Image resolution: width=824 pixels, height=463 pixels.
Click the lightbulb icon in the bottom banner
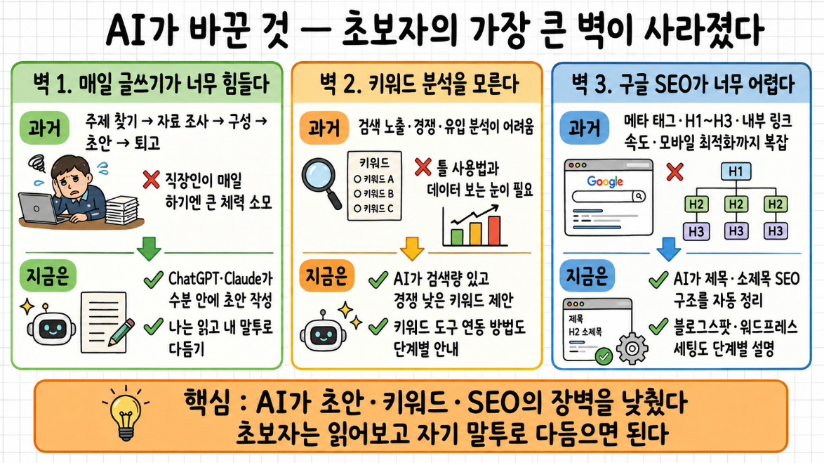126,414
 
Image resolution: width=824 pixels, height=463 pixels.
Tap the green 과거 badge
45,128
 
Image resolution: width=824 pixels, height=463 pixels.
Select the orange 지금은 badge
326,275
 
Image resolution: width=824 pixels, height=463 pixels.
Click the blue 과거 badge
584,128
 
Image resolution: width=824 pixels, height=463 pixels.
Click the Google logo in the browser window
605,181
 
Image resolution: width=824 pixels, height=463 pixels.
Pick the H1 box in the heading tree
736,171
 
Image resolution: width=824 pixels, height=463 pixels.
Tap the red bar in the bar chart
494,230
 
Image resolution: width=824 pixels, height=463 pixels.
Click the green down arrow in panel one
149,248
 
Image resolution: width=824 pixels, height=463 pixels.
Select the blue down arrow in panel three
668,248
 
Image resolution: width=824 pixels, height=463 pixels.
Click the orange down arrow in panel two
412,248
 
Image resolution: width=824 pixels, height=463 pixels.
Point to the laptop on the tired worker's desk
38,209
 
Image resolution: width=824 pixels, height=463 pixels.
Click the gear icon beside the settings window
632,348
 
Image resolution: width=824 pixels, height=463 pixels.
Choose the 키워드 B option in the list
373,194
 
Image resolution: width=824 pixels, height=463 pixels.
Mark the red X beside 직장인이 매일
152,179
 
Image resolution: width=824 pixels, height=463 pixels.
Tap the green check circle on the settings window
604,357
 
